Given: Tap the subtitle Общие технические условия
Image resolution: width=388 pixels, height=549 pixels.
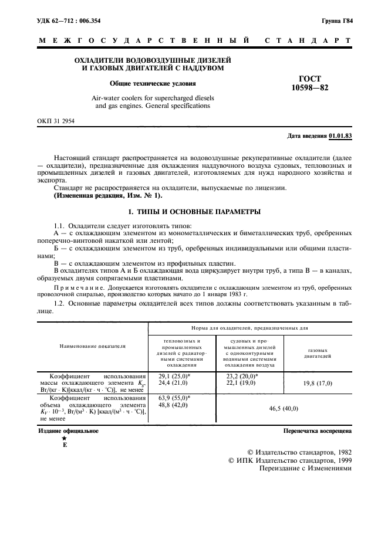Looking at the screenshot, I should (x=153, y=83).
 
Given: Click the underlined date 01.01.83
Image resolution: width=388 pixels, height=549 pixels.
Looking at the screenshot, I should (x=340, y=136).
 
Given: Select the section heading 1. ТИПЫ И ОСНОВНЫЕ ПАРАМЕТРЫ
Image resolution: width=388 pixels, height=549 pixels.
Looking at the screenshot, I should (x=194, y=211).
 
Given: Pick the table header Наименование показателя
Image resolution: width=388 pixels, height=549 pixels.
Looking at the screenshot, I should (x=93, y=346).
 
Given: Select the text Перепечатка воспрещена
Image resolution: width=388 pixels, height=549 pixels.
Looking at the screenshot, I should (x=317, y=431).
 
